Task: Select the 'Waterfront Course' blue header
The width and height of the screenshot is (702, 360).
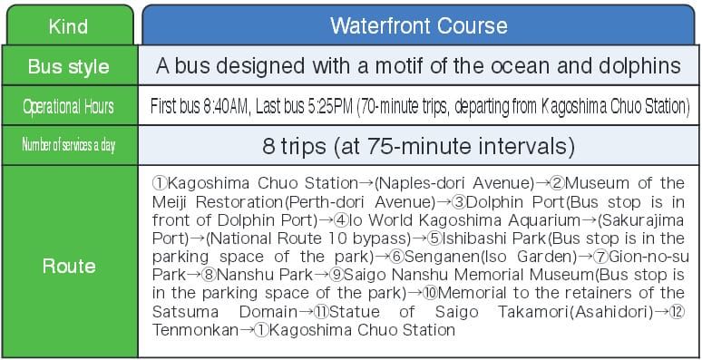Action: (419, 26)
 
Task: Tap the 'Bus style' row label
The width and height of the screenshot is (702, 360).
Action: (69, 66)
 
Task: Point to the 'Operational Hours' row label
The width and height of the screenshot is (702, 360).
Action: (69, 107)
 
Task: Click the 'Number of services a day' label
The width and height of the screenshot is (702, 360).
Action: (69, 145)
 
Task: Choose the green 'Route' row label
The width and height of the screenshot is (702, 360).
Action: (69, 266)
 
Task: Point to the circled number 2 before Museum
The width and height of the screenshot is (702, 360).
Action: (557, 183)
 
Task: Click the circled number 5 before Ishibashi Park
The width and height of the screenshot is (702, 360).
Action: (435, 238)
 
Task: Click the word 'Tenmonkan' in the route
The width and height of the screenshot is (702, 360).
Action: (195, 330)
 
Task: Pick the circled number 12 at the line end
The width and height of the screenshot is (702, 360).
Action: (678, 312)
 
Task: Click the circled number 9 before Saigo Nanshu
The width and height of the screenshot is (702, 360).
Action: (336, 275)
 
